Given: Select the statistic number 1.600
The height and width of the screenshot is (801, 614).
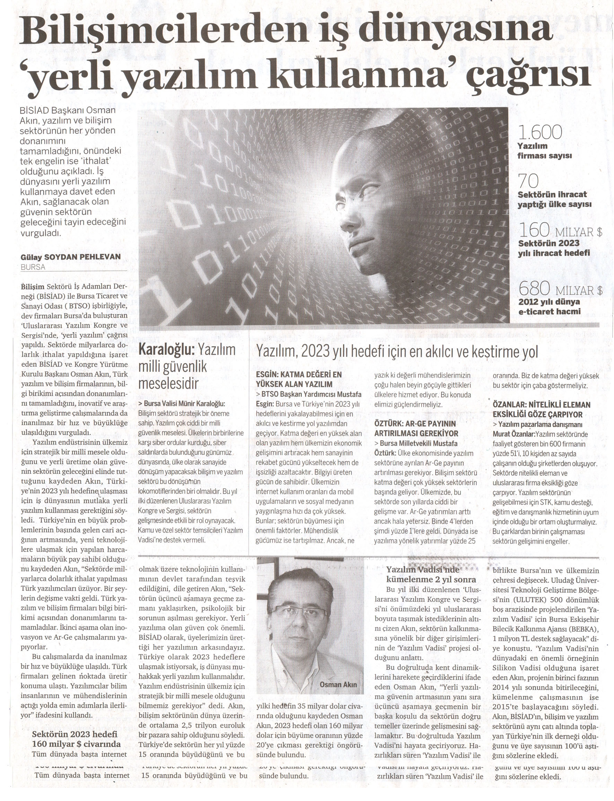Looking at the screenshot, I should [x=540, y=132].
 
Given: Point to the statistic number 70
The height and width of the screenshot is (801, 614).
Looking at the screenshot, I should [x=528, y=181].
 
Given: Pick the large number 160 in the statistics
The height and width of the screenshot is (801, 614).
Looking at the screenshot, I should [x=534, y=231].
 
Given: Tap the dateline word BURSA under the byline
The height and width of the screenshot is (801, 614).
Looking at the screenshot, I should [x=33, y=267].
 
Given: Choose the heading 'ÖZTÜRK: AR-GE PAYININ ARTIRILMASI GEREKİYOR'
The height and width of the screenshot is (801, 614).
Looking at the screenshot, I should [x=415, y=428].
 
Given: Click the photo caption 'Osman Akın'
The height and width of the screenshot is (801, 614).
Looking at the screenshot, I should [x=338, y=685].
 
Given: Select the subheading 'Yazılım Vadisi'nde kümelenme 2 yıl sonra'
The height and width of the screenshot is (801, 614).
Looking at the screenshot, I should [x=431, y=575].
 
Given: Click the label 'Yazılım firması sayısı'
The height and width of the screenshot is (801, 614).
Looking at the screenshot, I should [x=544, y=151].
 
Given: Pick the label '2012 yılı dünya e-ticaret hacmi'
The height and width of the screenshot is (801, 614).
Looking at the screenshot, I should [x=549, y=307].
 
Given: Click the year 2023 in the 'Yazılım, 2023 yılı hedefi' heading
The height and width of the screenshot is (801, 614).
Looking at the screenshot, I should [x=317, y=352].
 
